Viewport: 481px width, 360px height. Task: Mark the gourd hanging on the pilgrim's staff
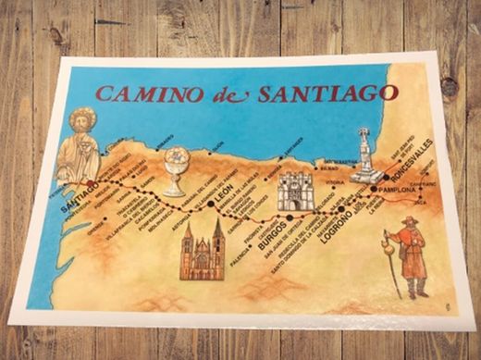point(386,249)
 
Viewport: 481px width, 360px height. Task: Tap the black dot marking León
point(212,196)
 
